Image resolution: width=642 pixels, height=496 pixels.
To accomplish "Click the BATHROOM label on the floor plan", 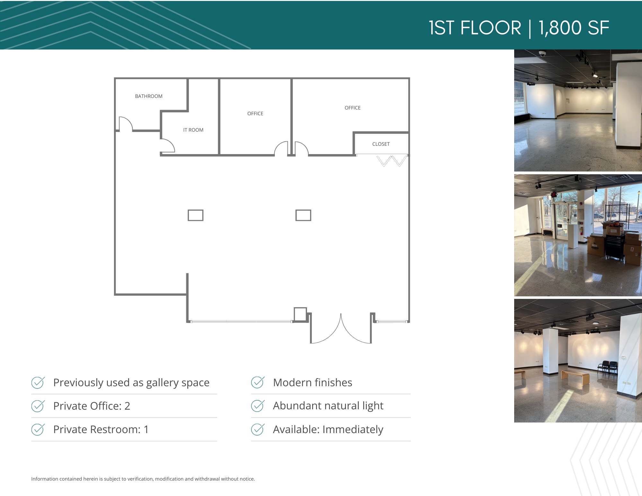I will point(149,96).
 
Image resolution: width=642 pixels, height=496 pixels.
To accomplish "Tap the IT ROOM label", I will point(193,130).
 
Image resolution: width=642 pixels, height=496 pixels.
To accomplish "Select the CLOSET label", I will point(381,144).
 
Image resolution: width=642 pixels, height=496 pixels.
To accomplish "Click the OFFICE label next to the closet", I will point(352,108).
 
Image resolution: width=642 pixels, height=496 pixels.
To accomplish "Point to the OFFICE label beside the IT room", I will point(255,114).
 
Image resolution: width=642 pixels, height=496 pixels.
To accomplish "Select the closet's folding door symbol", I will point(391,161).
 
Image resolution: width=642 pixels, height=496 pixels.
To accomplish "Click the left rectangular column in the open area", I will point(195,215).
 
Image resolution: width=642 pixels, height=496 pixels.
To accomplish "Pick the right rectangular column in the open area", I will point(303,215).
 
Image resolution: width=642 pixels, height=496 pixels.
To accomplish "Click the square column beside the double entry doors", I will point(300,314).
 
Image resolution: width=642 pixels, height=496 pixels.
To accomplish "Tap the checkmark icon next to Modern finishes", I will point(258,382).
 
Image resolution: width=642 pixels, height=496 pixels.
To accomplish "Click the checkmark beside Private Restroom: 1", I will point(38,429).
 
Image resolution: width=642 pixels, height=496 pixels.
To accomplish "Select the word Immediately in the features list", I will point(353,430).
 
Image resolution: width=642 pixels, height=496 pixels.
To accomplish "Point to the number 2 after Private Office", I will point(127,406).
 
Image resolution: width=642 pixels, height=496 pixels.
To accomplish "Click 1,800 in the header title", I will point(560,28).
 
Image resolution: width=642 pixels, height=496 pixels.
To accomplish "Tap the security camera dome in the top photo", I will point(542,54).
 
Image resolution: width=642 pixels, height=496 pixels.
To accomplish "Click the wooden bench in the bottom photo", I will point(575,378).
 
